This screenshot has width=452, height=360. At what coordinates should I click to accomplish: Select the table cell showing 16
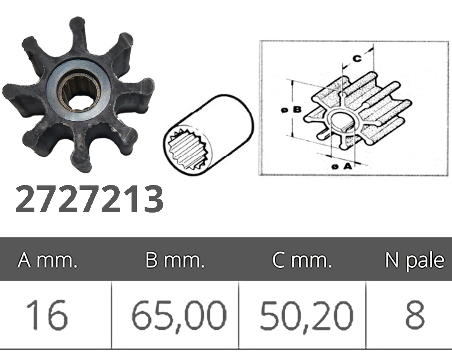(47, 315)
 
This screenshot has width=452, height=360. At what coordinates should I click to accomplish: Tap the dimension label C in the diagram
(357, 58)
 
